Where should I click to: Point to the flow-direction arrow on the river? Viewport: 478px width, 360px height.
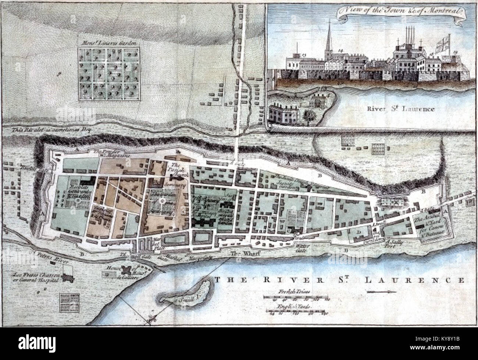click(x=381, y=292)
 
